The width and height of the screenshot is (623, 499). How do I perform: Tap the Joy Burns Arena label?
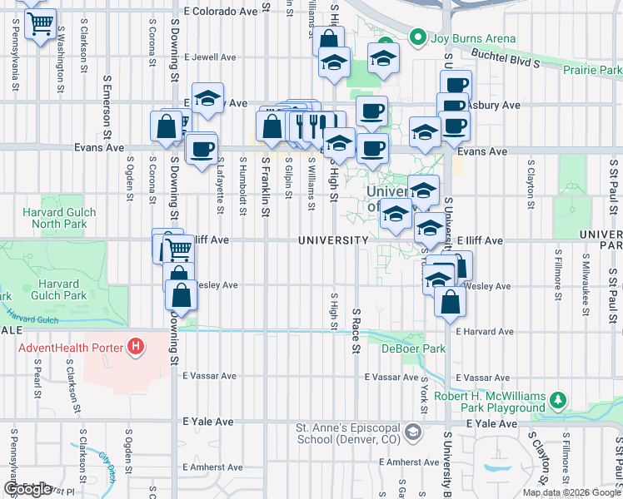(x=472, y=38)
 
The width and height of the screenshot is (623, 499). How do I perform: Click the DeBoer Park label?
(x=402, y=348)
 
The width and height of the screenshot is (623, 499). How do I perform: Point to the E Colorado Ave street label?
(x=221, y=12)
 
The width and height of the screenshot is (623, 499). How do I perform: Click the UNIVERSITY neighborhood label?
(x=334, y=240)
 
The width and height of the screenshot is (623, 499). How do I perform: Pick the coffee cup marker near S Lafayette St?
(x=202, y=150)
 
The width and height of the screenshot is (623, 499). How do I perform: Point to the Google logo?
(x=27, y=489)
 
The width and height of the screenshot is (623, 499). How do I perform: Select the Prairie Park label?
(x=592, y=70)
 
